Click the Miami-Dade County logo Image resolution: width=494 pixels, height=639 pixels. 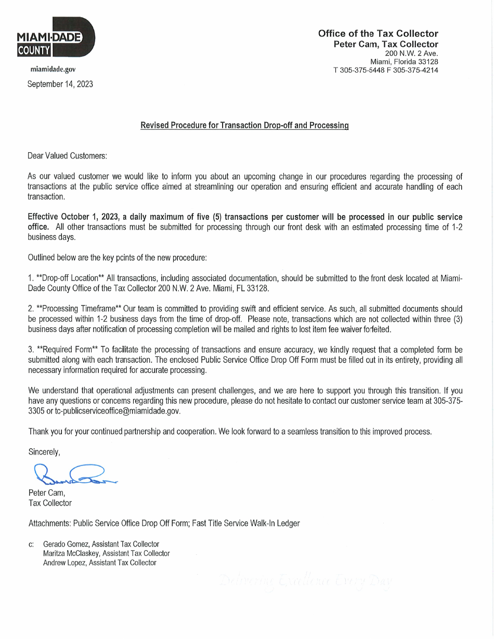[56, 38]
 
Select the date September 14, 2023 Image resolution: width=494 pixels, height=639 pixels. [60, 84]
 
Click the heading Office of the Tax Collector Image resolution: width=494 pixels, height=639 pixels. [378, 34]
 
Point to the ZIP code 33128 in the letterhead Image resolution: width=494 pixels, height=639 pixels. [428, 62]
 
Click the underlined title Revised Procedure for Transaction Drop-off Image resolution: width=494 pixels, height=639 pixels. [244, 126]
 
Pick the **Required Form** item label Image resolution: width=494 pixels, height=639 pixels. [63, 350]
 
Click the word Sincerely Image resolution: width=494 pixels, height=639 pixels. [44, 452]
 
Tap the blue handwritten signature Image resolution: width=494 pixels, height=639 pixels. [73, 474]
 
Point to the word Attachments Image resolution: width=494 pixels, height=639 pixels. [49, 523]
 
